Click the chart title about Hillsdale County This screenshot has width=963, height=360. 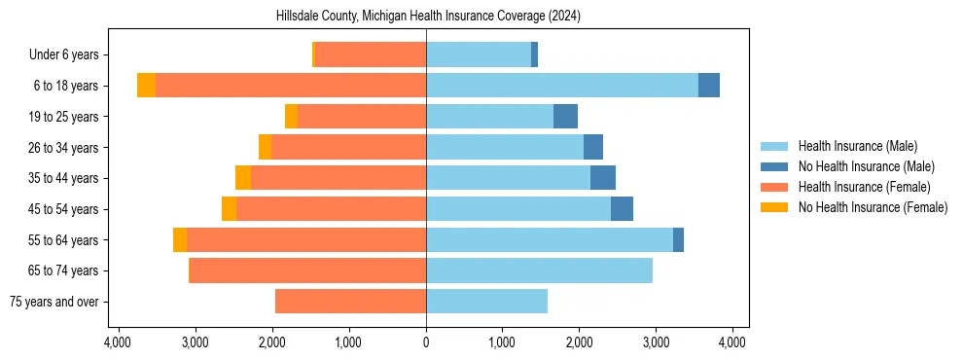click(x=426, y=16)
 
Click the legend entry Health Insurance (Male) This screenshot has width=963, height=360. click(x=857, y=146)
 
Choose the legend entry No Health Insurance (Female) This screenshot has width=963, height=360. click(x=873, y=207)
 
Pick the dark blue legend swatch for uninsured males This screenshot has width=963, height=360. click(x=775, y=166)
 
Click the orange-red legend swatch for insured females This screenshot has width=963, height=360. click(x=775, y=187)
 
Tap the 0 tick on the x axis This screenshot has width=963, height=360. click(x=426, y=342)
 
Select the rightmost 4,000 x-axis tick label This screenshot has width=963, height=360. click(x=732, y=342)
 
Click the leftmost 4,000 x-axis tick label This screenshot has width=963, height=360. click(x=118, y=342)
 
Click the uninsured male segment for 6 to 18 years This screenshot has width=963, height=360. click(x=709, y=86)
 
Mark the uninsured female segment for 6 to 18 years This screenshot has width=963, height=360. click(x=146, y=86)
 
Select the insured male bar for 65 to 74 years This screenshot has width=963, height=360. click(x=539, y=270)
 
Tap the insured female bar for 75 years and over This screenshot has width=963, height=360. click(x=350, y=302)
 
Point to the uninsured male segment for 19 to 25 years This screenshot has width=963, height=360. click(x=565, y=117)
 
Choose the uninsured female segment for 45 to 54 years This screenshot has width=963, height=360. click(x=229, y=209)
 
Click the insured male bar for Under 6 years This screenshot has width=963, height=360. click(x=479, y=55)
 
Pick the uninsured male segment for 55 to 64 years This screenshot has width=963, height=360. click(x=678, y=240)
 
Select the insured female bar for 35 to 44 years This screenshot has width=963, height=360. click(x=339, y=178)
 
